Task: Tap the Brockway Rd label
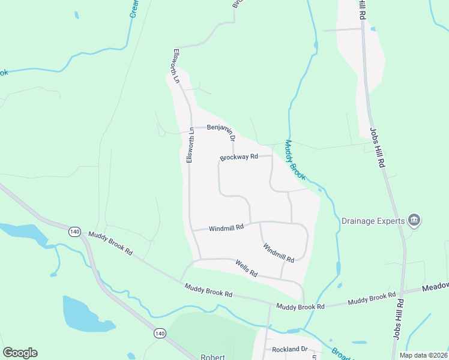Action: coord(238,158)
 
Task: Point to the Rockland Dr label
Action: coord(289,349)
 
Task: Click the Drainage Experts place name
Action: coord(374,221)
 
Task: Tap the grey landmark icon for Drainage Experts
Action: coord(414,221)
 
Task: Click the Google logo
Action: coord(20,353)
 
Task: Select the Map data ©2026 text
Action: coord(424,355)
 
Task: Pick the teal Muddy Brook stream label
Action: coord(295,160)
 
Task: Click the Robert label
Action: coord(212,357)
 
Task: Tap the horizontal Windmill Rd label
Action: coord(226,228)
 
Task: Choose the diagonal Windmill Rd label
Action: coord(278,252)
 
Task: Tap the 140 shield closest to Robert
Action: coord(159,333)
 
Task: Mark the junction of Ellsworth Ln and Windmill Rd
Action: coord(191,230)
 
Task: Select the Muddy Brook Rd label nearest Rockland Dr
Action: coord(300,306)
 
